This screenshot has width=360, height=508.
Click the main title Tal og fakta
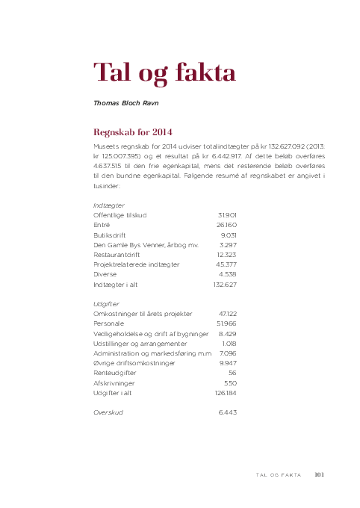pyautogui.click(x=164, y=73)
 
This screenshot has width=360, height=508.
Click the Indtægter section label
pyautogui.click(x=109, y=205)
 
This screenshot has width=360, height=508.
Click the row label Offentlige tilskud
pyautogui.click(x=120, y=214)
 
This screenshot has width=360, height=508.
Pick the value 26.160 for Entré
pyautogui.click(x=226, y=224)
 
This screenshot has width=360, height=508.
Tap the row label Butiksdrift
pyautogui.click(x=111, y=235)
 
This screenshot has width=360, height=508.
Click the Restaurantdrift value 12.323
pyautogui.click(x=226, y=254)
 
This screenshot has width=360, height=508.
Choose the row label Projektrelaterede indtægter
pyautogui.click(x=137, y=264)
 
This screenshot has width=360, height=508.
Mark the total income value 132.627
pyautogui.click(x=225, y=285)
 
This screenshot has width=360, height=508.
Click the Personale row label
pyautogui.click(x=110, y=324)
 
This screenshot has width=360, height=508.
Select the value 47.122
pyautogui.click(x=227, y=315)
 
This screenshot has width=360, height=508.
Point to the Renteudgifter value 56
pyautogui.click(x=232, y=372)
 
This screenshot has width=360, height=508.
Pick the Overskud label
pyautogui.click(x=108, y=412)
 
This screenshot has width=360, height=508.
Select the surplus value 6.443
pyautogui.click(x=227, y=412)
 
